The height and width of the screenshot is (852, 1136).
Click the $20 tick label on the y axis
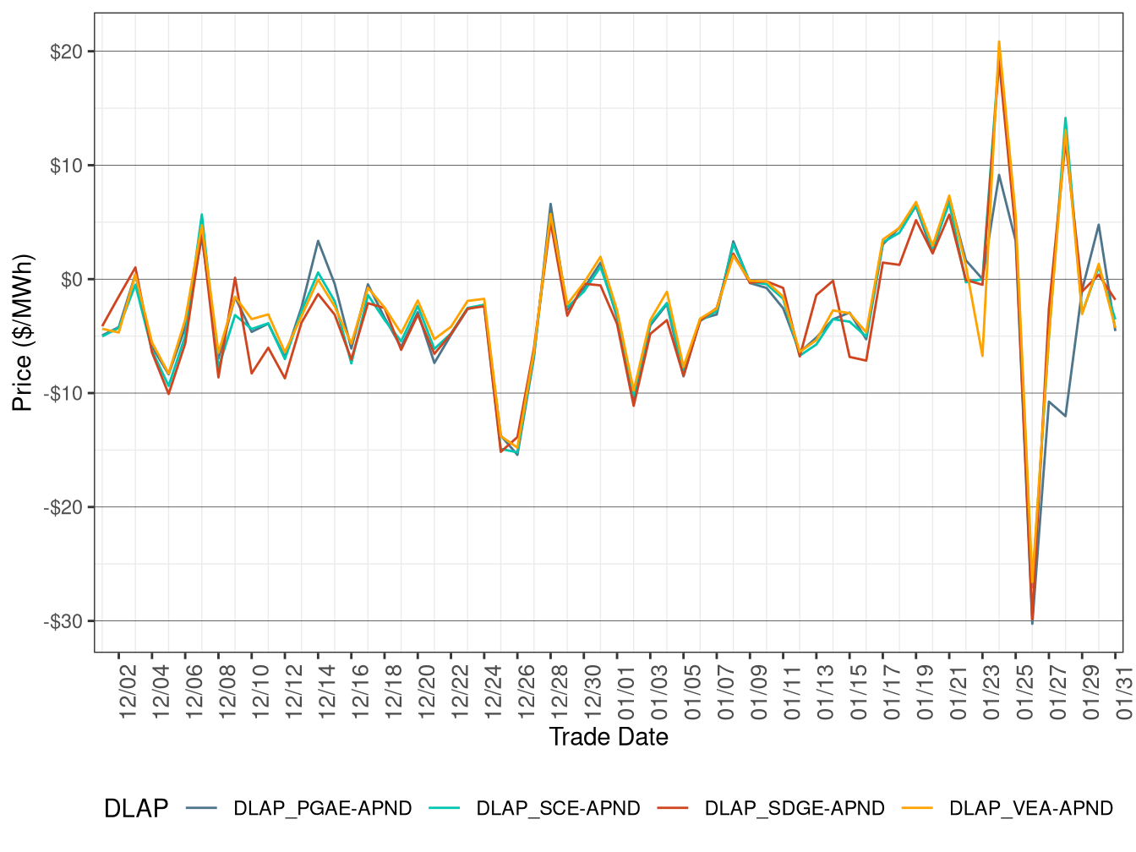[66, 52]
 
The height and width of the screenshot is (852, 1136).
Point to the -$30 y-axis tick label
[63, 622]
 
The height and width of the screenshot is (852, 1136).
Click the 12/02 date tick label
[128, 691]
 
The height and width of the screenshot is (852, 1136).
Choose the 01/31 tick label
[1123, 691]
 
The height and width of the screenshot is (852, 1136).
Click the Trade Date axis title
[609, 737]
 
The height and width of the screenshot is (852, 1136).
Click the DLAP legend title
[135, 809]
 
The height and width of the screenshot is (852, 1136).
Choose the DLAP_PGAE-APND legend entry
[322, 809]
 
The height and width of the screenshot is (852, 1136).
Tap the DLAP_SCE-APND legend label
[558, 809]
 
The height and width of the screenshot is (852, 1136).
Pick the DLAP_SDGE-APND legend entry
[794, 809]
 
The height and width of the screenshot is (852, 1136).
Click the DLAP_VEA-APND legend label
[1030, 809]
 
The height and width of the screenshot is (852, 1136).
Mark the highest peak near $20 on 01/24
[999, 41]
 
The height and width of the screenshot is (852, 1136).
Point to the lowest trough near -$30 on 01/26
[1032, 623]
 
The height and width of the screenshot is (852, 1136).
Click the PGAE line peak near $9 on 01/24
[999, 175]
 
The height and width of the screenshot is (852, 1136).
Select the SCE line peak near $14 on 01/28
[1065, 118]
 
